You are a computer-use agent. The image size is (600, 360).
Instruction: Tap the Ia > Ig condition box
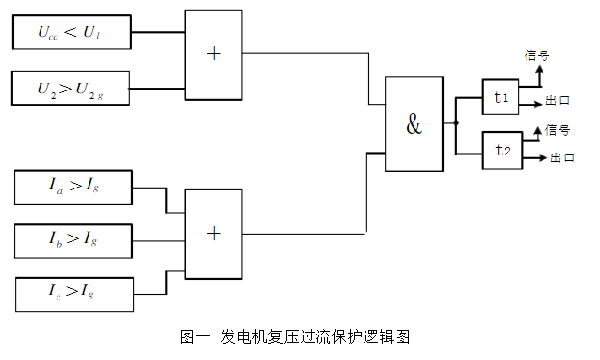click(73, 187)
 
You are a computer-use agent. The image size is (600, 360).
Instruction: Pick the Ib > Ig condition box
click(73, 240)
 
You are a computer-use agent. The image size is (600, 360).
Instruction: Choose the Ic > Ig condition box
click(73, 294)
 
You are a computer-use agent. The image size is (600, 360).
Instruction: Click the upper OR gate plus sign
click(214, 54)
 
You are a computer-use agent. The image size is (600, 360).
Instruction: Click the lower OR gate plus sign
click(214, 233)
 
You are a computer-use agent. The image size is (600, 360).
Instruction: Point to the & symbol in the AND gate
click(414, 124)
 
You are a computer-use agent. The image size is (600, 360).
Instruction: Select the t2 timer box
click(503, 150)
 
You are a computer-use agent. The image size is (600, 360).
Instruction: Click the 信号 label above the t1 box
click(535, 56)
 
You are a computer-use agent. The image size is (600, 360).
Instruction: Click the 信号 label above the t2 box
click(557, 130)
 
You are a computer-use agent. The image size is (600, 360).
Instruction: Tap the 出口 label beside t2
click(562, 158)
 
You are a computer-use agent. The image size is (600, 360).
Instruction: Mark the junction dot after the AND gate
click(456, 123)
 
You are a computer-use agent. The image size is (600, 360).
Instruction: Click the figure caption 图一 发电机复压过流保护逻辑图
click(295, 336)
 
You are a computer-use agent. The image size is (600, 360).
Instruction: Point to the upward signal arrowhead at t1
click(539, 69)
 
